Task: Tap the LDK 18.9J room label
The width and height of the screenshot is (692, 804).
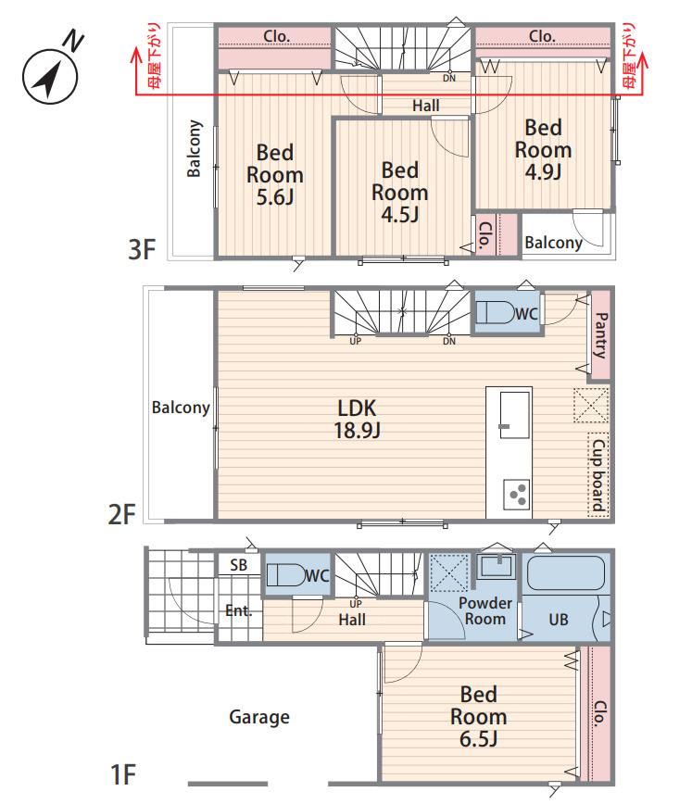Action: (357, 419)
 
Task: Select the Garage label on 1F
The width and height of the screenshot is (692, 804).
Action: (259, 717)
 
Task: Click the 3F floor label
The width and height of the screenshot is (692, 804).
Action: (142, 249)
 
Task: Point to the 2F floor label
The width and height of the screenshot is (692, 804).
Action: (121, 514)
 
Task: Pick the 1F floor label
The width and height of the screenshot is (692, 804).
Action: (123, 774)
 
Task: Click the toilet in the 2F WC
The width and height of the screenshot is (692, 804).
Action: (496, 312)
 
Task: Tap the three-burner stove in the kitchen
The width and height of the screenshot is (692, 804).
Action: (516, 495)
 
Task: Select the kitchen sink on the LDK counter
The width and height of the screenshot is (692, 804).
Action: (514, 415)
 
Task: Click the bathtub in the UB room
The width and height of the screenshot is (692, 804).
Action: (566, 572)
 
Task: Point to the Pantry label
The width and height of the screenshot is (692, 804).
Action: (600, 335)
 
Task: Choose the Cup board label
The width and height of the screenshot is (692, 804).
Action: (598, 475)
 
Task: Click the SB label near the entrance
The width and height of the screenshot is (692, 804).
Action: (238, 565)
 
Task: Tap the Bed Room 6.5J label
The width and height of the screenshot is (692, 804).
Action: (479, 716)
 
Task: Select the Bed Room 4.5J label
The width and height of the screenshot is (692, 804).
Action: (399, 193)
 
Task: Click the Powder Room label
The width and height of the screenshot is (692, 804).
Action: (485, 610)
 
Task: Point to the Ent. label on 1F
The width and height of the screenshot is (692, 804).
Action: (238, 610)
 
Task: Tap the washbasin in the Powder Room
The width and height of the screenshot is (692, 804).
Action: (497, 566)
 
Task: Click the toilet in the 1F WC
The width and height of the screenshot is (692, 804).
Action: (285, 575)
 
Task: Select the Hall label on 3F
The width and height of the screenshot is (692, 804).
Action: (426, 106)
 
